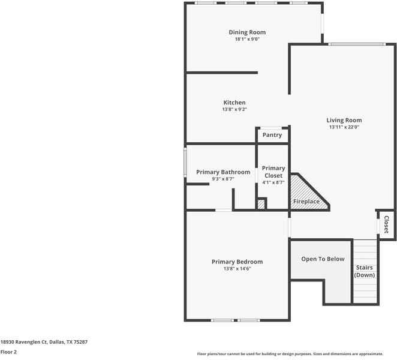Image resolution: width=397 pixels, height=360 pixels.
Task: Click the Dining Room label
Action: coord(247,32)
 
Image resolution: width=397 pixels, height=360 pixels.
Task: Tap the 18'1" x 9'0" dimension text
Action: coord(247,40)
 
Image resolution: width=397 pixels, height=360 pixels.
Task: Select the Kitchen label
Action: coord(234,103)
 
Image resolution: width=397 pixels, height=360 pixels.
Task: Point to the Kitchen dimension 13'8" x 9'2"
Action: coord(234,110)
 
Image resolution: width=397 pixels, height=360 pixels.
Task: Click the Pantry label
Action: coord(272,135)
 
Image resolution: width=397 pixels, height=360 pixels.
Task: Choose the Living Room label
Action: coord(344,120)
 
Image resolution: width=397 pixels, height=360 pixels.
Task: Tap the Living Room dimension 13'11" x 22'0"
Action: coord(344,127)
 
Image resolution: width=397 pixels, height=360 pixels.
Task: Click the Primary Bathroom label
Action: coord(223,172)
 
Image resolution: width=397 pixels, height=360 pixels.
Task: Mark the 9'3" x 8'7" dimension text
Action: coord(223,179)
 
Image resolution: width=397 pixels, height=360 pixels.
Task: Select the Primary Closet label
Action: coord(273,172)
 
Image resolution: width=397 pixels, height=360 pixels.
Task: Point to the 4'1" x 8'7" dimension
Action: coord(273,182)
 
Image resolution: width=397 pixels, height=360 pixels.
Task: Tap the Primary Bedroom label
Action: coord(237,262)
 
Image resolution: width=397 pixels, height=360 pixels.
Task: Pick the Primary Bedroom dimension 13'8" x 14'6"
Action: coord(237,269)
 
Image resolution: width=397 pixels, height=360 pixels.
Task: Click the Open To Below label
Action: coord(323,259)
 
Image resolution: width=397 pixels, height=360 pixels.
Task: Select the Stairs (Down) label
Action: coord(365,271)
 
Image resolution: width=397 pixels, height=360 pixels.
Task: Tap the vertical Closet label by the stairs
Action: coord(386,224)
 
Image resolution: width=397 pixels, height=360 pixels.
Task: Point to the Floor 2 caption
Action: coord(8,352)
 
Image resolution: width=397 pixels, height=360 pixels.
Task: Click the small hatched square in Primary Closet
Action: coord(261,205)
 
